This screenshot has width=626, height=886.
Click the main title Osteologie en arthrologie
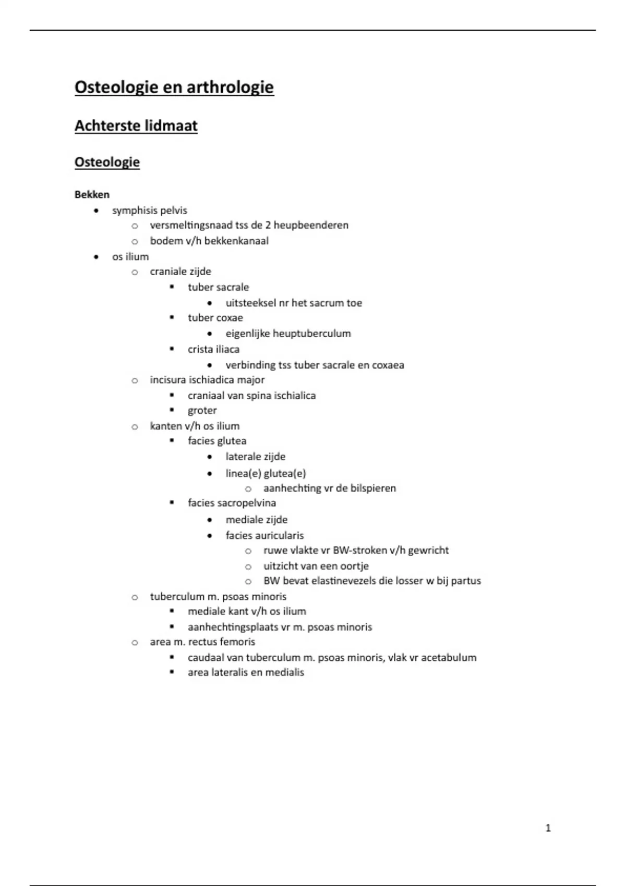click(174, 87)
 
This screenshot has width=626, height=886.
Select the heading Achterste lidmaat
click(136, 126)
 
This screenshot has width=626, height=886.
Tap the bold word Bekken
click(92, 195)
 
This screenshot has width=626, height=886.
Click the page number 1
click(548, 828)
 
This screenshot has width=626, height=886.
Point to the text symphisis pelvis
click(149, 211)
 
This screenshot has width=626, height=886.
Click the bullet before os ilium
click(95, 257)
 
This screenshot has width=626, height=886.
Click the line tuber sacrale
click(218, 287)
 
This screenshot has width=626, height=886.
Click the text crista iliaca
click(213, 349)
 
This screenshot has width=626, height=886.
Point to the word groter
click(202, 411)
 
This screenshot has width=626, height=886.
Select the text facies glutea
click(217, 441)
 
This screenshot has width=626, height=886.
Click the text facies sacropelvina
click(232, 503)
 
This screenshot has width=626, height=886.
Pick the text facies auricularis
click(264, 535)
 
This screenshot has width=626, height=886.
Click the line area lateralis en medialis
click(246, 672)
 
